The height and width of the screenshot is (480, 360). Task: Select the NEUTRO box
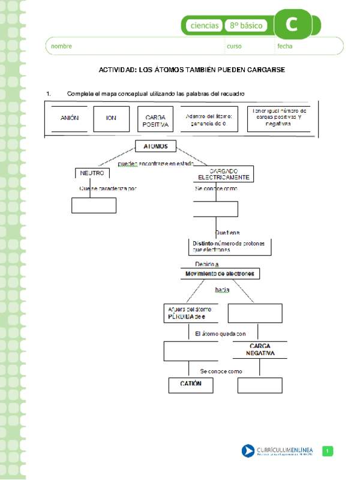click(x=92, y=173)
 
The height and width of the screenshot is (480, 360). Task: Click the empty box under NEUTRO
click(x=94, y=205)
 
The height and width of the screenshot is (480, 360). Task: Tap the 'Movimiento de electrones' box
click(x=220, y=274)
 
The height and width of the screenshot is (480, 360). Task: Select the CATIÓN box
click(x=191, y=384)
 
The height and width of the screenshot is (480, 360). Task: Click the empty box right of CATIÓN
click(x=260, y=385)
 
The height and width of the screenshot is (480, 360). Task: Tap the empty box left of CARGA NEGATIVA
click(x=191, y=351)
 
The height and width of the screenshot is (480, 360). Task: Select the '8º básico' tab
click(x=246, y=26)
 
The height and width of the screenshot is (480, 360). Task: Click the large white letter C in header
click(x=291, y=25)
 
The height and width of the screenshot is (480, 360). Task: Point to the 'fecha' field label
click(x=285, y=46)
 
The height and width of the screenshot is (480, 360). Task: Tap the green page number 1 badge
click(x=328, y=451)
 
